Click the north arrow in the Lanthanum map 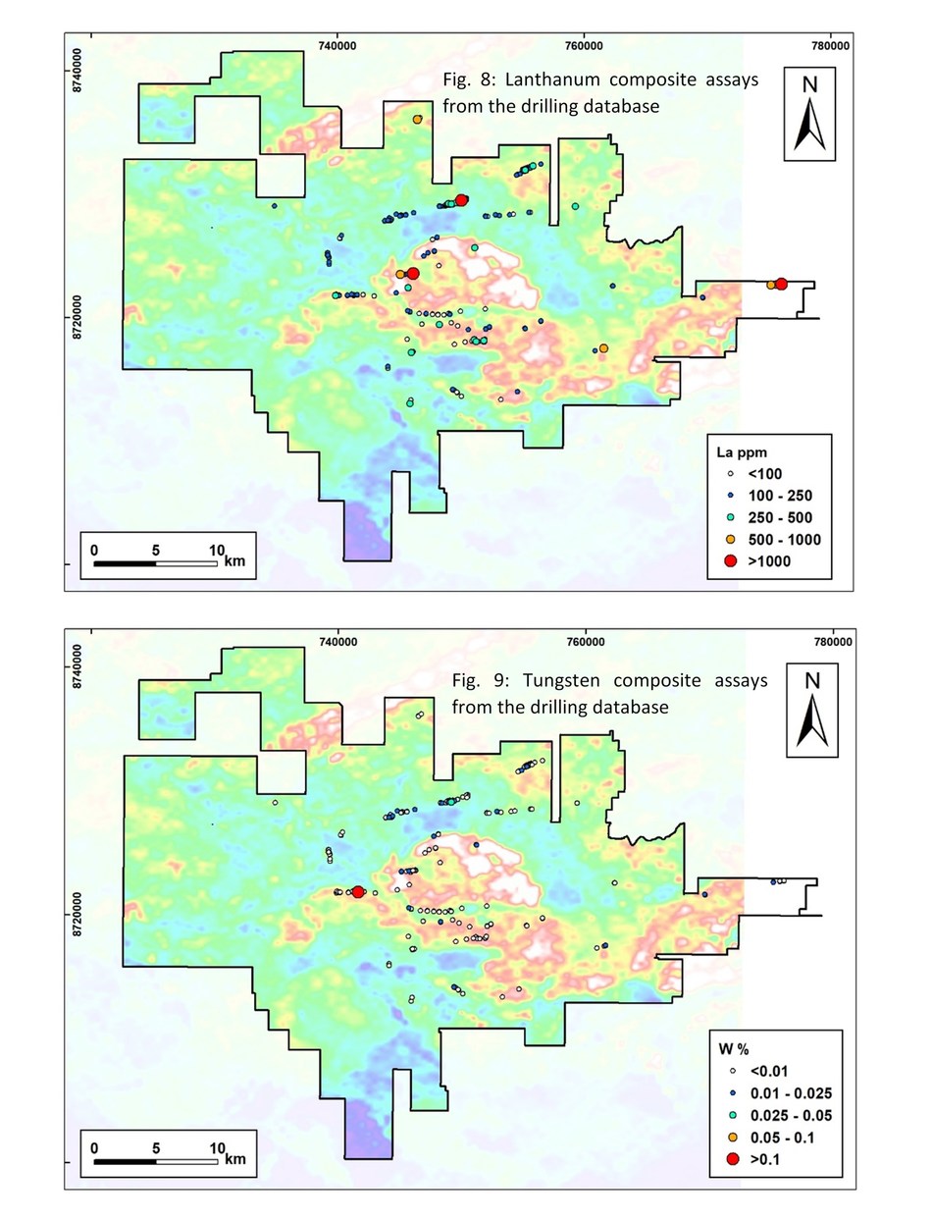(809, 113)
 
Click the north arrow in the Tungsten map (809, 710)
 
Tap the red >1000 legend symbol (731, 560)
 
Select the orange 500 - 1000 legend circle (731, 539)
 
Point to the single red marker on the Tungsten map (358, 891)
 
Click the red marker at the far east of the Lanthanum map (781, 284)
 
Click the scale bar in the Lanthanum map (155, 563)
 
